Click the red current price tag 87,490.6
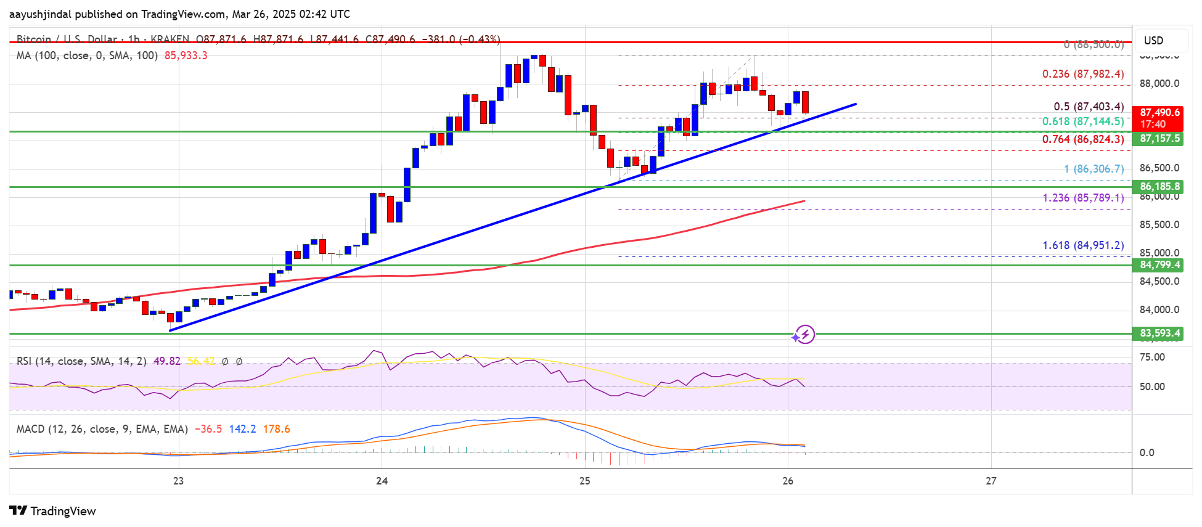pos(1159,113)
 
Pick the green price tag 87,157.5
pos(1159,139)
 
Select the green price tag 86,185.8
pos(1159,186)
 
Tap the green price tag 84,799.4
pos(1159,265)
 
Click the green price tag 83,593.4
pos(1159,333)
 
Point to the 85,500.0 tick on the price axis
pos(1159,225)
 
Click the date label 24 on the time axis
pos(382,481)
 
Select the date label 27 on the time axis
pos(991,481)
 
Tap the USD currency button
pos(1153,41)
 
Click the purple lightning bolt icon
pos(805,334)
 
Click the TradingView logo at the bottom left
pos(53,511)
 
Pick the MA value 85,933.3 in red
pos(186,55)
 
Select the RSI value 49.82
pos(166,361)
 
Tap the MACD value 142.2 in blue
pos(242,429)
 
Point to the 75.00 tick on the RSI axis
pos(1152,357)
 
